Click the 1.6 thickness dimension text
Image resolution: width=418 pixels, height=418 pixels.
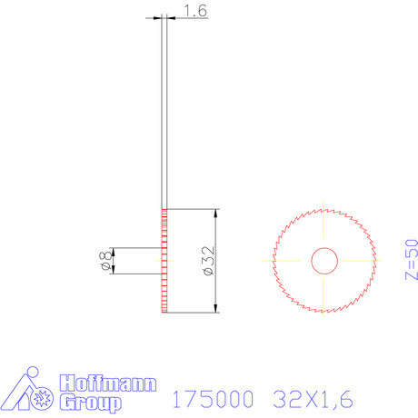pos(195,11)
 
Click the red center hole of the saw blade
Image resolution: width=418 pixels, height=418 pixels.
pos(323,261)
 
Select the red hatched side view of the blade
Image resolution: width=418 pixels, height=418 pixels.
pos(164,261)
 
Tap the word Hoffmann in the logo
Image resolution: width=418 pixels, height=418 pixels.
pos(108,383)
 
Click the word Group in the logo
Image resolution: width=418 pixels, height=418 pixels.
pos(91,401)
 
